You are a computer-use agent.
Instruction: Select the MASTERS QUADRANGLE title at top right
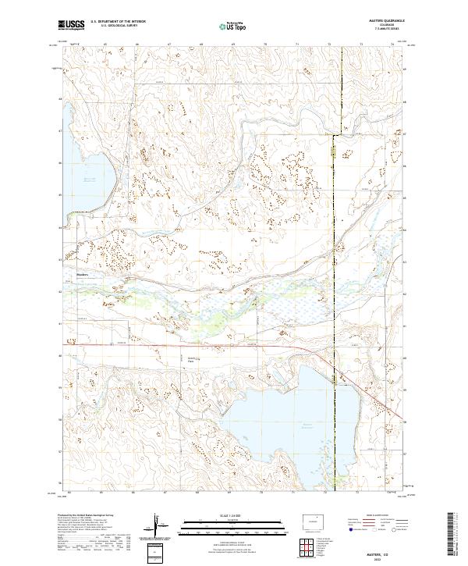[x=381, y=21]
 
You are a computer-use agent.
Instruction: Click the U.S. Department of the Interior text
[x=118, y=22]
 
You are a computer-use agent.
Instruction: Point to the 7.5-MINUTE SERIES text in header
[x=381, y=30]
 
